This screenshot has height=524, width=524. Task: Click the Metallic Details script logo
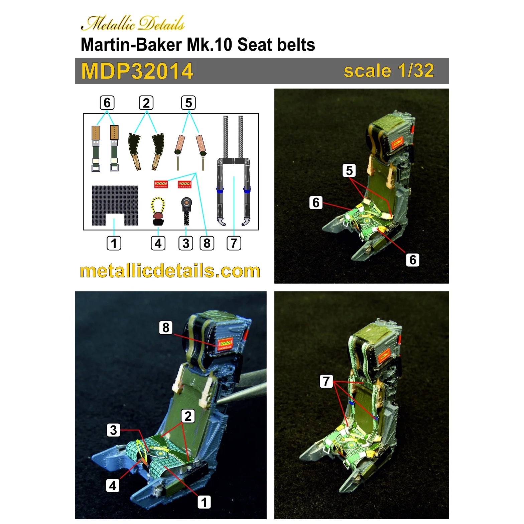pos(133,23)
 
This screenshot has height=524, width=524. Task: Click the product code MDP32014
pos(137,71)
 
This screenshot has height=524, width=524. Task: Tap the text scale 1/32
pos(389,71)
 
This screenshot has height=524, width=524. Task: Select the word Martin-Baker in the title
pos(131,44)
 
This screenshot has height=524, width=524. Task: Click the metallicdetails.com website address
pos(170,271)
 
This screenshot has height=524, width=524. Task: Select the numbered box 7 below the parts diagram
pos(234,243)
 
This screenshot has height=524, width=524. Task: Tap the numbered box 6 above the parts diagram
pos(107,103)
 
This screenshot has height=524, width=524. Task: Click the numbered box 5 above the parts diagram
pos(188,103)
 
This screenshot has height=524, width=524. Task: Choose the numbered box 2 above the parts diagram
pos(146,103)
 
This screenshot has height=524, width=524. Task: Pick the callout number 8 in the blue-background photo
pos(166,327)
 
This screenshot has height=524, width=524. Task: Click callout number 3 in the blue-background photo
pos(114,430)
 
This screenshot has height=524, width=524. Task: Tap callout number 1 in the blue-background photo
pos(204,502)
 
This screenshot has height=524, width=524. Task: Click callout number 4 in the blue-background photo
pos(113,485)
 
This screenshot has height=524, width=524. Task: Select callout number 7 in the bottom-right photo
pos(326,381)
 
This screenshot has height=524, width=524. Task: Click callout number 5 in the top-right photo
pos(349,170)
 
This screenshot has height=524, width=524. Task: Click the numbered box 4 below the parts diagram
pos(158,243)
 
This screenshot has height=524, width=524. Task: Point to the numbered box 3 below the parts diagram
pos(186,243)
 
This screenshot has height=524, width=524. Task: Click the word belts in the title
pos(295,44)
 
